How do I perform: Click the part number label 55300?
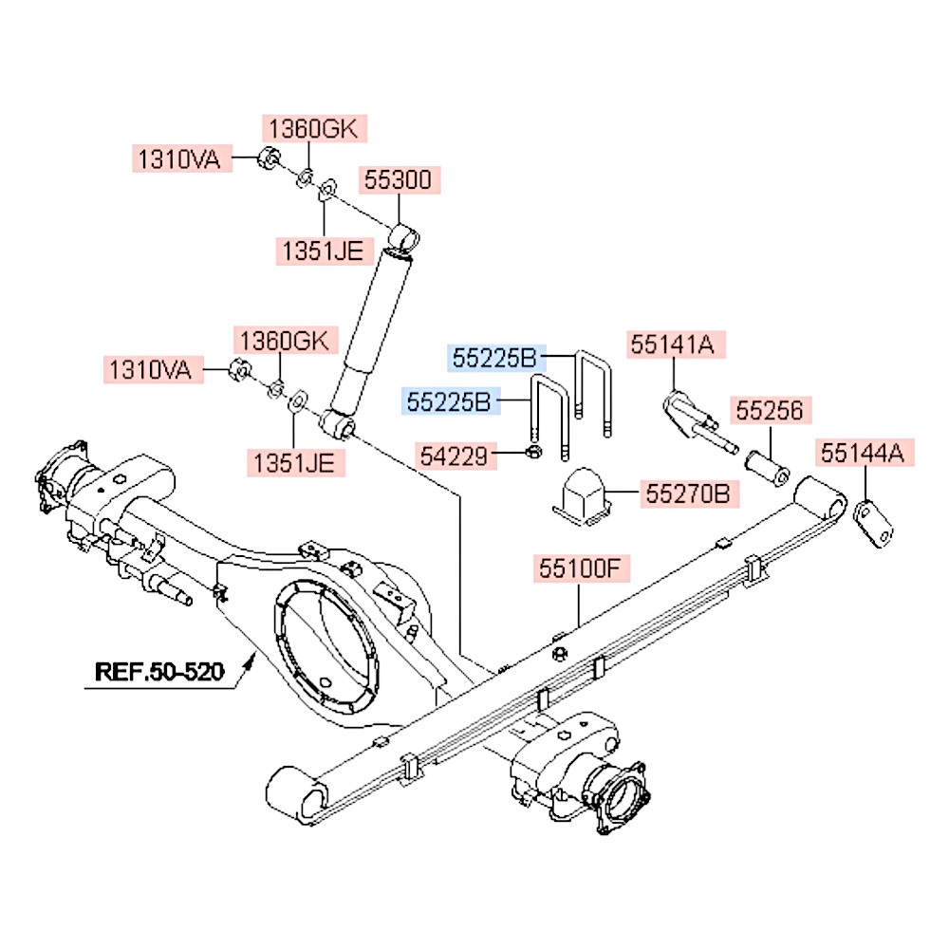click(x=400, y=179)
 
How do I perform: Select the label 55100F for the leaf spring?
click(x=579, y=568)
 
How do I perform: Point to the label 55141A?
click(x=674, y=344)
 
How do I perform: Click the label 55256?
click(x=770, y=411)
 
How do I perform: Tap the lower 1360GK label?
click(x=283, y=339)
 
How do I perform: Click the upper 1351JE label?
click(x=321, y=251)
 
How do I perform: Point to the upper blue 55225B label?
click(x=493, y=358)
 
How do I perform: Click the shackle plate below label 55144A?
click(x=875, y=525)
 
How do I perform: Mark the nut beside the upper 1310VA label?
click(x=269, y=158)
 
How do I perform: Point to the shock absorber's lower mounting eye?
click(x=339, y=424)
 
